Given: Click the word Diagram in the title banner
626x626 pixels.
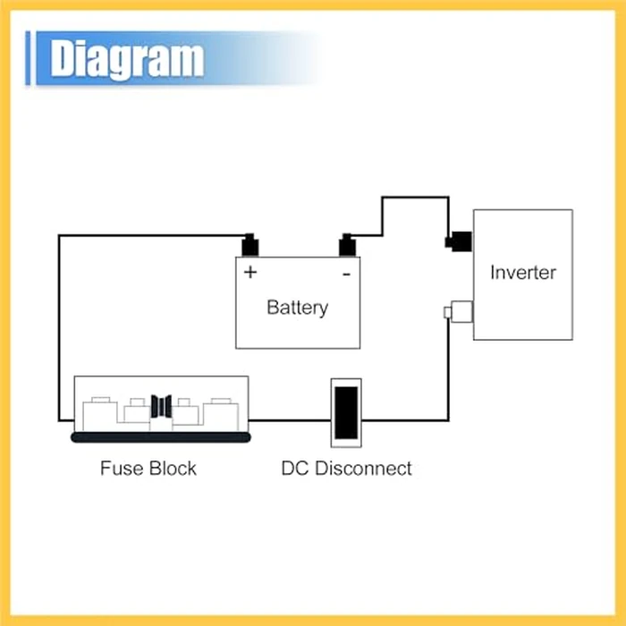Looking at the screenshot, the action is (127, 59).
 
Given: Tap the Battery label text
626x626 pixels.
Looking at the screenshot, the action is (298, 308).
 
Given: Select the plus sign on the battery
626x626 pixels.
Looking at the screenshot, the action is (250, 272).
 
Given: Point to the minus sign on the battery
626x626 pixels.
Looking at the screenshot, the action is (347, 274).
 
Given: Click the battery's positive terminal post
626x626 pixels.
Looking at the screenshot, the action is (250, 245).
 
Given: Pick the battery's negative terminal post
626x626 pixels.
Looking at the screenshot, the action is (347, 245).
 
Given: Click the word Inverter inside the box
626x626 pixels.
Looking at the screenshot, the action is (523, 273).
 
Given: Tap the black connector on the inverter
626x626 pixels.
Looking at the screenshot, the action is (459, 241).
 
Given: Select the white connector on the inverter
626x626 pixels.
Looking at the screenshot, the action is (459, 312).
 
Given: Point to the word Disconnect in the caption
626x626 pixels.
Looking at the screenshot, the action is (363, 469).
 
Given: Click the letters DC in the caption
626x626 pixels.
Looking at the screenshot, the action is (295, 469).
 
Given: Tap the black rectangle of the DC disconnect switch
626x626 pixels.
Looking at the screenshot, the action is (346, 413).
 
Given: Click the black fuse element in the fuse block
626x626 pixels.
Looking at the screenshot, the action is (161, 406).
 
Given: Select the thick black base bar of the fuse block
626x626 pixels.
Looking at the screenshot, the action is (160, 437).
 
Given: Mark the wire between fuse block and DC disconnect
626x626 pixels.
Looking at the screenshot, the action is (290, 420).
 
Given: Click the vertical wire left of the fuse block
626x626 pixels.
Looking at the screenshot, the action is (59, 328).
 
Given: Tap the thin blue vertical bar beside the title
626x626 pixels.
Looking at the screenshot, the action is (28, 58).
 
